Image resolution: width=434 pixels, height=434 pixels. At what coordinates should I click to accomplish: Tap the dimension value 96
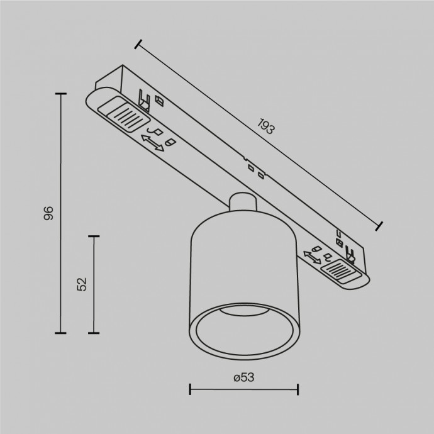pyautogui.click(x=48, y=213)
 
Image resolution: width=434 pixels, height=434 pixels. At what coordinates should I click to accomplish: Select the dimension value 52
pyautogui.click(x=81, y=284)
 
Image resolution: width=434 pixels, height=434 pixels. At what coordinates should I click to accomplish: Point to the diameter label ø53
pyautogui.click(x=243, y=377)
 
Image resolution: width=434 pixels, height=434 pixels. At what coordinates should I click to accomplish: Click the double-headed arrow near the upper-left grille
pyautogui.click(x=152, y=144)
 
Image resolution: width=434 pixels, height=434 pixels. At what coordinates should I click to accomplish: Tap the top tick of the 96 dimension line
pyautogui.click(x=60, y=94)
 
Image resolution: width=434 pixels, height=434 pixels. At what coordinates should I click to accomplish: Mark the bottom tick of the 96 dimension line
pyautogui.click(x=60, y=333)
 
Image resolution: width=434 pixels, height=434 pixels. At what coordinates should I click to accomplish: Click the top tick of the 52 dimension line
pyautogui.click(x=94, y=236)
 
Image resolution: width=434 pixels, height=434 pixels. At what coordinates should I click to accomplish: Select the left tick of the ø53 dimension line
pyautogui.click(x=190, y=389)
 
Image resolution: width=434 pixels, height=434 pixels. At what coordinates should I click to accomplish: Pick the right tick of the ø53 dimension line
pyautogui.click(x=298, y=389)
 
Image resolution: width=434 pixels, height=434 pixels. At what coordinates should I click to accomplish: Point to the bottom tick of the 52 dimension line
pyautogui.click(x=94, y=333)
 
